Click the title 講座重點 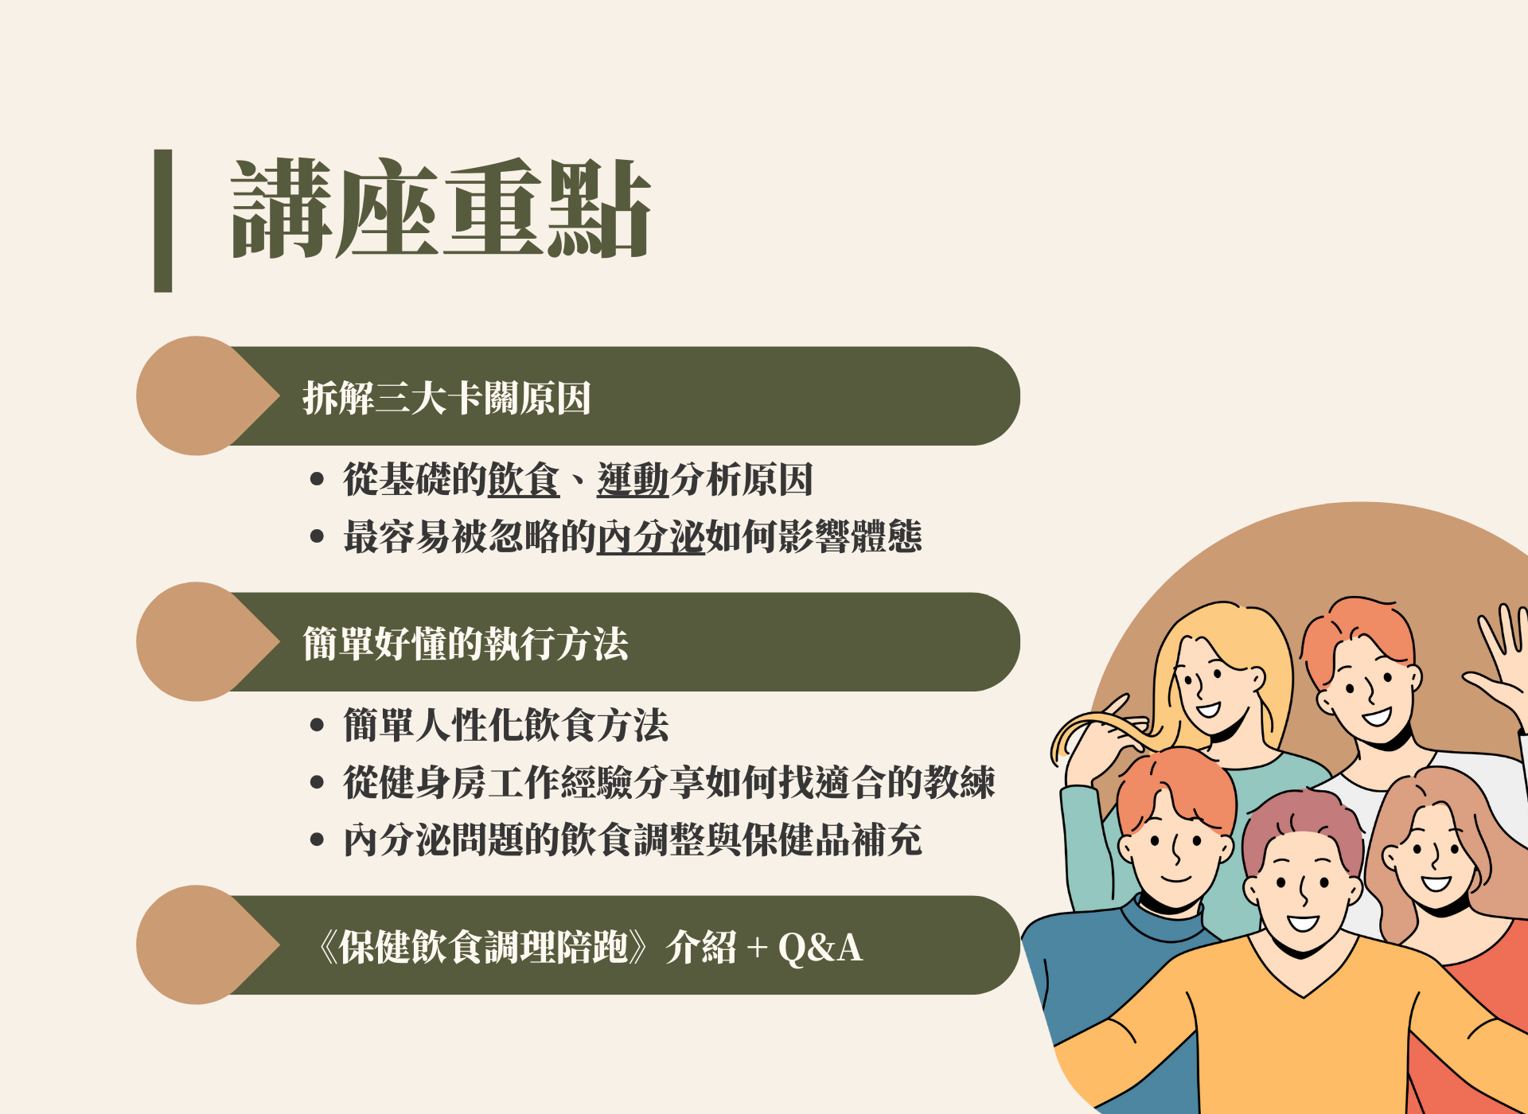click(441, 208)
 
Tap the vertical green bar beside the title click(163, 220)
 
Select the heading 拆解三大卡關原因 click(446, 398)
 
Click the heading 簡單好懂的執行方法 click(466, 644)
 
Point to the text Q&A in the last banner click(820, 948)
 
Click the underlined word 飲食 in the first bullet click(524, 480)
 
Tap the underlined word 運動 click(633, 480)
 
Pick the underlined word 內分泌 click(651, 536)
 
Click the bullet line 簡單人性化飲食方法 click(506, 725)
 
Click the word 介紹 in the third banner click(701, 948)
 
